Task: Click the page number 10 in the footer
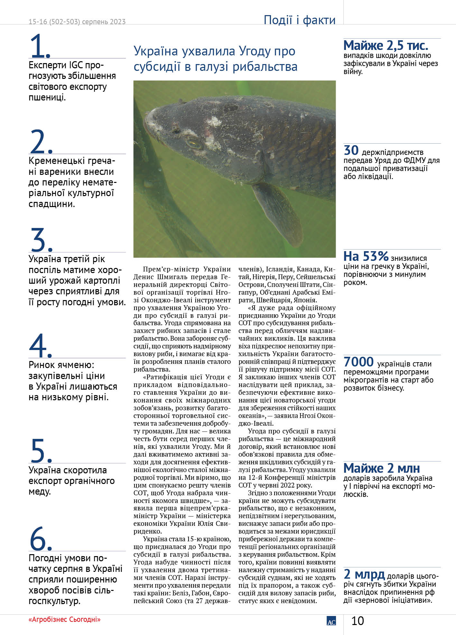tap(358, 621)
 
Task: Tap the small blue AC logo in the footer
tap(331, 621)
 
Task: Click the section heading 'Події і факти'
tap(299, 20)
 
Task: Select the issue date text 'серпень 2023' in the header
tap(104, 22)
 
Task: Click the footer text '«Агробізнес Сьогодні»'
tap(64, 619)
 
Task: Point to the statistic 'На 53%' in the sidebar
tap(366, 257)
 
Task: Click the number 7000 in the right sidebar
tap(358, 362)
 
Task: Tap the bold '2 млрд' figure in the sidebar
tap(364, 574)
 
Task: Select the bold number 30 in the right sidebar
tap(351, 150)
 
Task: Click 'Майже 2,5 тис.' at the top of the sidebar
tap(386, 46)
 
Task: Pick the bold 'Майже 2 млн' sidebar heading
tap(381, 468)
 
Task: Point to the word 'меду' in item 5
tap(39, 492)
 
